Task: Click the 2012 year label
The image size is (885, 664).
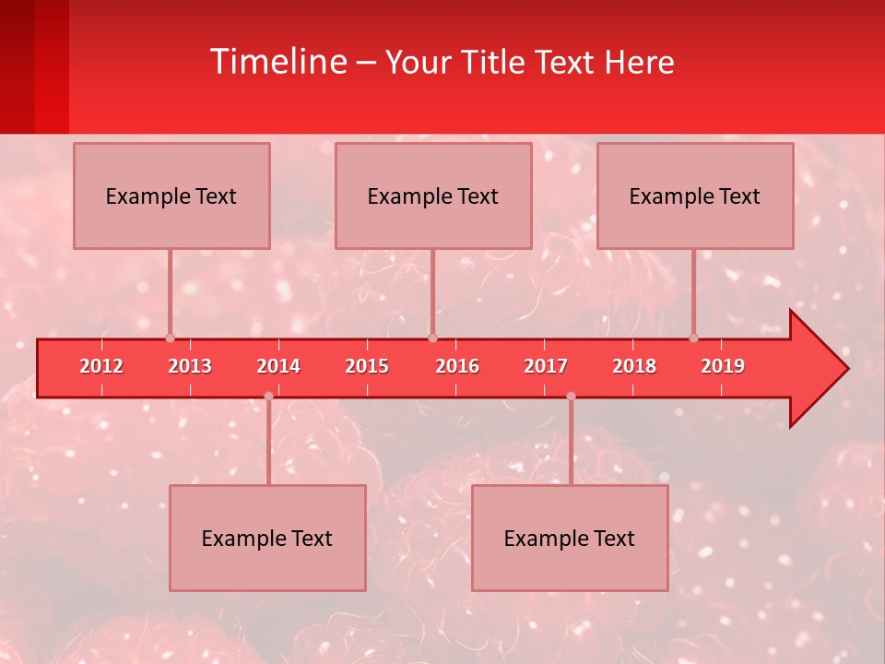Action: tap(101, 366)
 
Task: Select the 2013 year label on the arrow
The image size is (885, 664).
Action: tap(190, 366)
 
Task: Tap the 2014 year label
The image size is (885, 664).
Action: tap(278, 366)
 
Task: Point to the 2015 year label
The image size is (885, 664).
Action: tap(367, 366)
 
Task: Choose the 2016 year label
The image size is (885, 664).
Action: tap(457, 366)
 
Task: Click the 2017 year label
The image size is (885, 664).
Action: tap(546, 366)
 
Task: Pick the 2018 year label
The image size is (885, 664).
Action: tap(634, 366)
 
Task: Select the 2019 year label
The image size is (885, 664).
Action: tap(723, 366)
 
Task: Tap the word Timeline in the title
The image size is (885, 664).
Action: tap(277, 62)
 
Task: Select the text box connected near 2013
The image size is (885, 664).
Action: tap(171, 196)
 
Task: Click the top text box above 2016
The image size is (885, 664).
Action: tap(433, 196)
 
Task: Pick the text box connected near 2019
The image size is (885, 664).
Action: tap(695, 196)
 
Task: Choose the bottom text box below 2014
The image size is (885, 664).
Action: tap(267, 538)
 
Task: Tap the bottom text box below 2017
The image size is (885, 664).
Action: tap(570, 538)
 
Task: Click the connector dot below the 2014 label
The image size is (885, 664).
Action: tap(268, 396)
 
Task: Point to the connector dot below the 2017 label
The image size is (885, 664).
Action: tap(571, 396)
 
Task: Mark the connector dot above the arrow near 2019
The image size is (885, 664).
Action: tap(694, 338)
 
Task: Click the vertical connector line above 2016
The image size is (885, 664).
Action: tap(433, 293)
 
